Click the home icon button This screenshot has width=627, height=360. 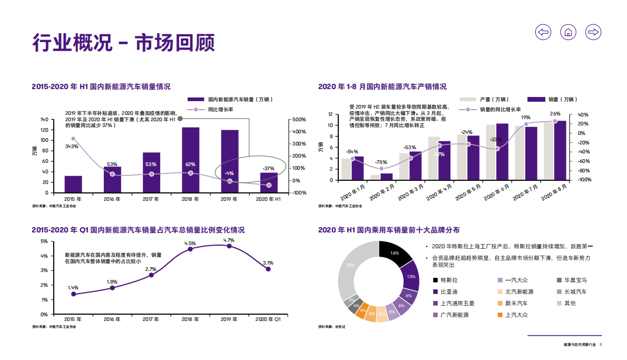[568, 32]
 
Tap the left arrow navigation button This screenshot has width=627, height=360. [543, 32]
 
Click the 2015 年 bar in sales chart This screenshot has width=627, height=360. [73, 184]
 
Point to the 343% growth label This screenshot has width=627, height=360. [72, 146]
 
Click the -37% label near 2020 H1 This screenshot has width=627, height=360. [269, 169]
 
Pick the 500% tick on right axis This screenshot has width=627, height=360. [299, 120]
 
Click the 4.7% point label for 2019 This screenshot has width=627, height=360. [229, 240]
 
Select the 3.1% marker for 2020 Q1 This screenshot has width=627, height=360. [268, 269]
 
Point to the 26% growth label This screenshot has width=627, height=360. [555, 114]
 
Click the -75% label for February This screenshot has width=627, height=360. [380, 162]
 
